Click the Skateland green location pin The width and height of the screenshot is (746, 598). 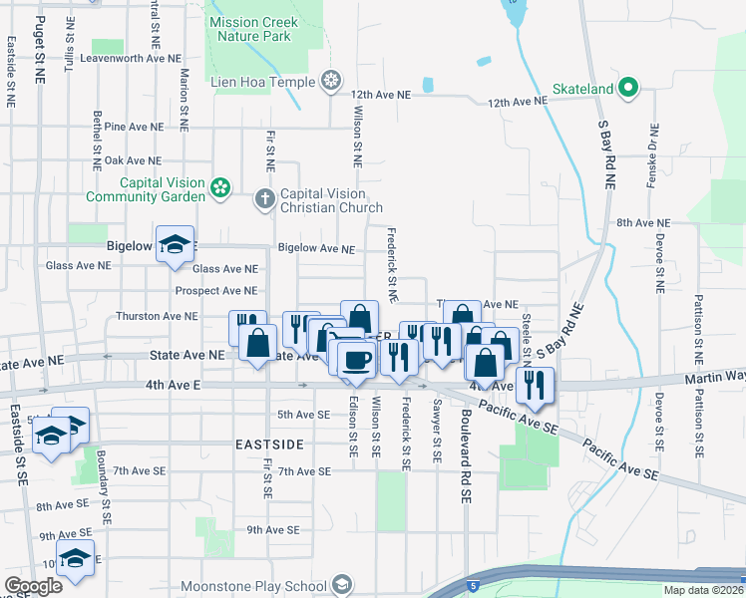tap(628, 90)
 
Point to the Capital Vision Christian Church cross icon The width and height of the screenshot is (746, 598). tap(265, 198)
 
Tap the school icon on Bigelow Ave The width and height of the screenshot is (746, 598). tap(175, 244)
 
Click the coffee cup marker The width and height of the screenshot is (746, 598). tap(356, 358)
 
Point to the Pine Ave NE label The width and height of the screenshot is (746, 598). tap(133, 128)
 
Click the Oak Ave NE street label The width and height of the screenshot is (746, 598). tap(133, 160)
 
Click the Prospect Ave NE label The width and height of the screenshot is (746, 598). tap(216, 291)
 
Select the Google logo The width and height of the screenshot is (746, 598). tap(33, 586)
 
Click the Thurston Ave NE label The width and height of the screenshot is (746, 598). tap(158, 316)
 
